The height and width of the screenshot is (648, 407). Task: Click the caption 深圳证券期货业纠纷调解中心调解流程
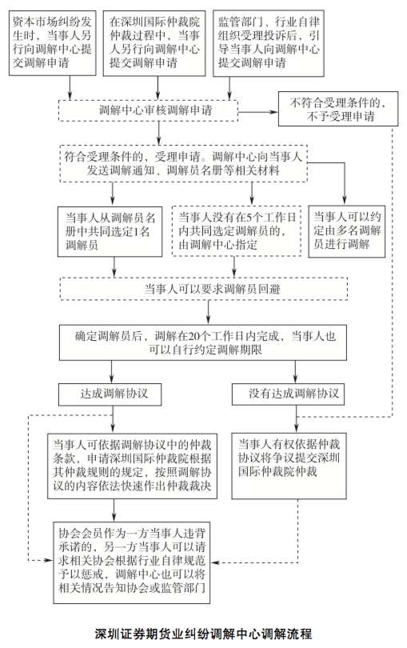tap(203, 634)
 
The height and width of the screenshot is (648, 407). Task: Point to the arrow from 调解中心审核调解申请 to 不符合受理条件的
tap(258, 112)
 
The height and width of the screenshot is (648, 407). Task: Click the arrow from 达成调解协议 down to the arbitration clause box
tap(113, 419)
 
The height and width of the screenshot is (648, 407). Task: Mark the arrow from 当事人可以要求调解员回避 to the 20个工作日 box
tap(208, 312)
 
